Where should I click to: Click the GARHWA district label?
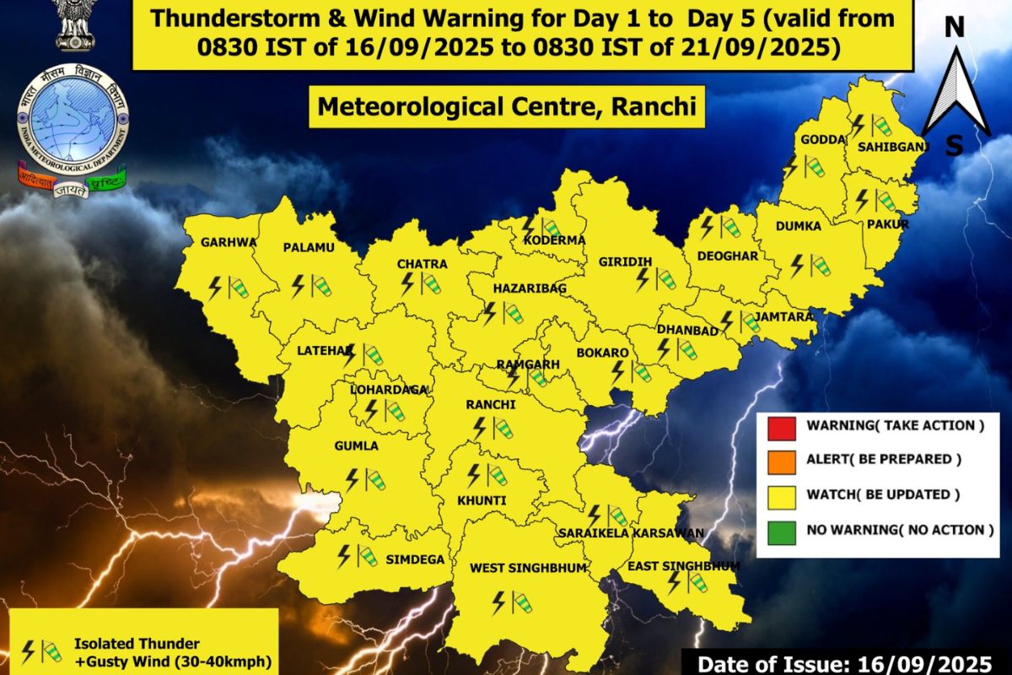pyautogui.click(x=228, y=242)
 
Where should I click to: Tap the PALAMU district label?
pyautogui.click(x=309, y=247)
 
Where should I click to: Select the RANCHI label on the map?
pyautogui.click(x=490, y=405)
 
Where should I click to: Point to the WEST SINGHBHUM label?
pyautogui.click(x=528, y=568)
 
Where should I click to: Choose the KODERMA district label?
pyautogui.click(x=554, y=240)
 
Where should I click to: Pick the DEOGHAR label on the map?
pyautogui.click(x=730, y=256)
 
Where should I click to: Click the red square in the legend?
pyautogui.click(x=778, y=426)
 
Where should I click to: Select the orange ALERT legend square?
pyautogui.click(x=778, y=461)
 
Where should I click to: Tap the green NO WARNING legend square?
pyautogui.click(x=778, y=531)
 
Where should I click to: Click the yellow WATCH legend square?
pyautogui.click(x=778, y=495)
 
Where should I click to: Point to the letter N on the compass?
pyautogui.click(x=954, y=28)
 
